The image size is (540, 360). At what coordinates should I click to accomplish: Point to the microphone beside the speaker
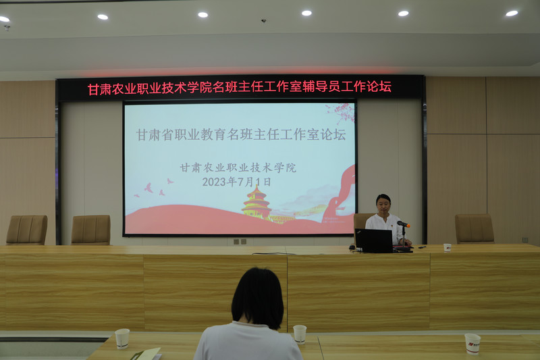click(x=402, y=224)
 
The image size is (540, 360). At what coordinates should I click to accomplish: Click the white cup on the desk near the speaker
click(x=447, y=247)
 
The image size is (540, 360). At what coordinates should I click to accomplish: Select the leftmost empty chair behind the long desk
click(x=27, y=230)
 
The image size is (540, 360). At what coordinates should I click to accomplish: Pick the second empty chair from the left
click(x=91, y=230)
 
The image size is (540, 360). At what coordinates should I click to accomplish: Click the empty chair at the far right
click(x=474, y=228)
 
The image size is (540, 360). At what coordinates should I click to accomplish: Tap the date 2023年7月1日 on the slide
click(x=236, y=182)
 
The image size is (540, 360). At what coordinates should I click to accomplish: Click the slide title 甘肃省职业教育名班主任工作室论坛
click(x=240, y=134)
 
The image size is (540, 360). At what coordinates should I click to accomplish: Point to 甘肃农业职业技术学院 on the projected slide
click(x=238, y=168)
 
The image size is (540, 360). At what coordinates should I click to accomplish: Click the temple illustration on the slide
click(x=256, y=203)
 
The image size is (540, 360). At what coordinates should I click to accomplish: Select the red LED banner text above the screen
click(x=240, y=88)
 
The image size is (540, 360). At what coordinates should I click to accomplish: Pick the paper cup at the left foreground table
click(x=122, y=338)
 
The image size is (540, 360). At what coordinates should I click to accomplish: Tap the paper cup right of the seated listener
click(x=300, y=334)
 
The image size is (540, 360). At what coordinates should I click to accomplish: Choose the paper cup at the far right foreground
click(x=473, y=343)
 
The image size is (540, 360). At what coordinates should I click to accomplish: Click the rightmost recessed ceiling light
click(x=512, y=13)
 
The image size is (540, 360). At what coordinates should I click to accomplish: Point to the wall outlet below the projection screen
click(x=240, y=241)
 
